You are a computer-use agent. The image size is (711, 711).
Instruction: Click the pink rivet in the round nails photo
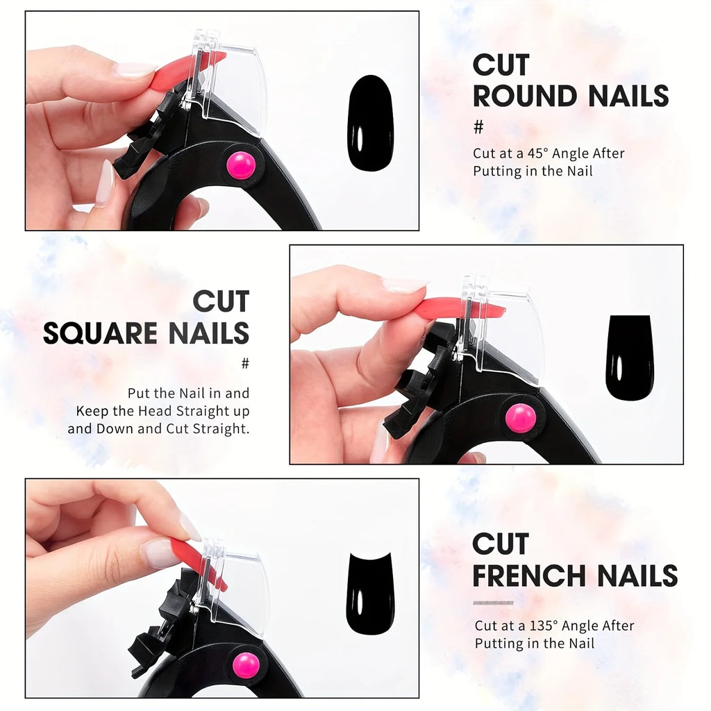coord(241,165)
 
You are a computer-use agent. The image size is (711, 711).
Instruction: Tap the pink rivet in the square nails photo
coord(520,417)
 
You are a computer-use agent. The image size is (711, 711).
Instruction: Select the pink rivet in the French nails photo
coord(246,664)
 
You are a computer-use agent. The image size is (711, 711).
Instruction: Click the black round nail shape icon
coord(370,123)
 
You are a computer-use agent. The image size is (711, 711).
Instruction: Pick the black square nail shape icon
coord(629,358)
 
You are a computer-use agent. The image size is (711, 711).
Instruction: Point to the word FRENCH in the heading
coord(528,576)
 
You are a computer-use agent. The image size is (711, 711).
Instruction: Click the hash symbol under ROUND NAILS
coord(478,128)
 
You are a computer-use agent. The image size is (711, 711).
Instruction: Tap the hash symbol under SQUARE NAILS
coord(244,364)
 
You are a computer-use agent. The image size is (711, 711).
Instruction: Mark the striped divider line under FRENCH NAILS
coord(493,602)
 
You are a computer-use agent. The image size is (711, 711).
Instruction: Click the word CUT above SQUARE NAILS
coord(220,302)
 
